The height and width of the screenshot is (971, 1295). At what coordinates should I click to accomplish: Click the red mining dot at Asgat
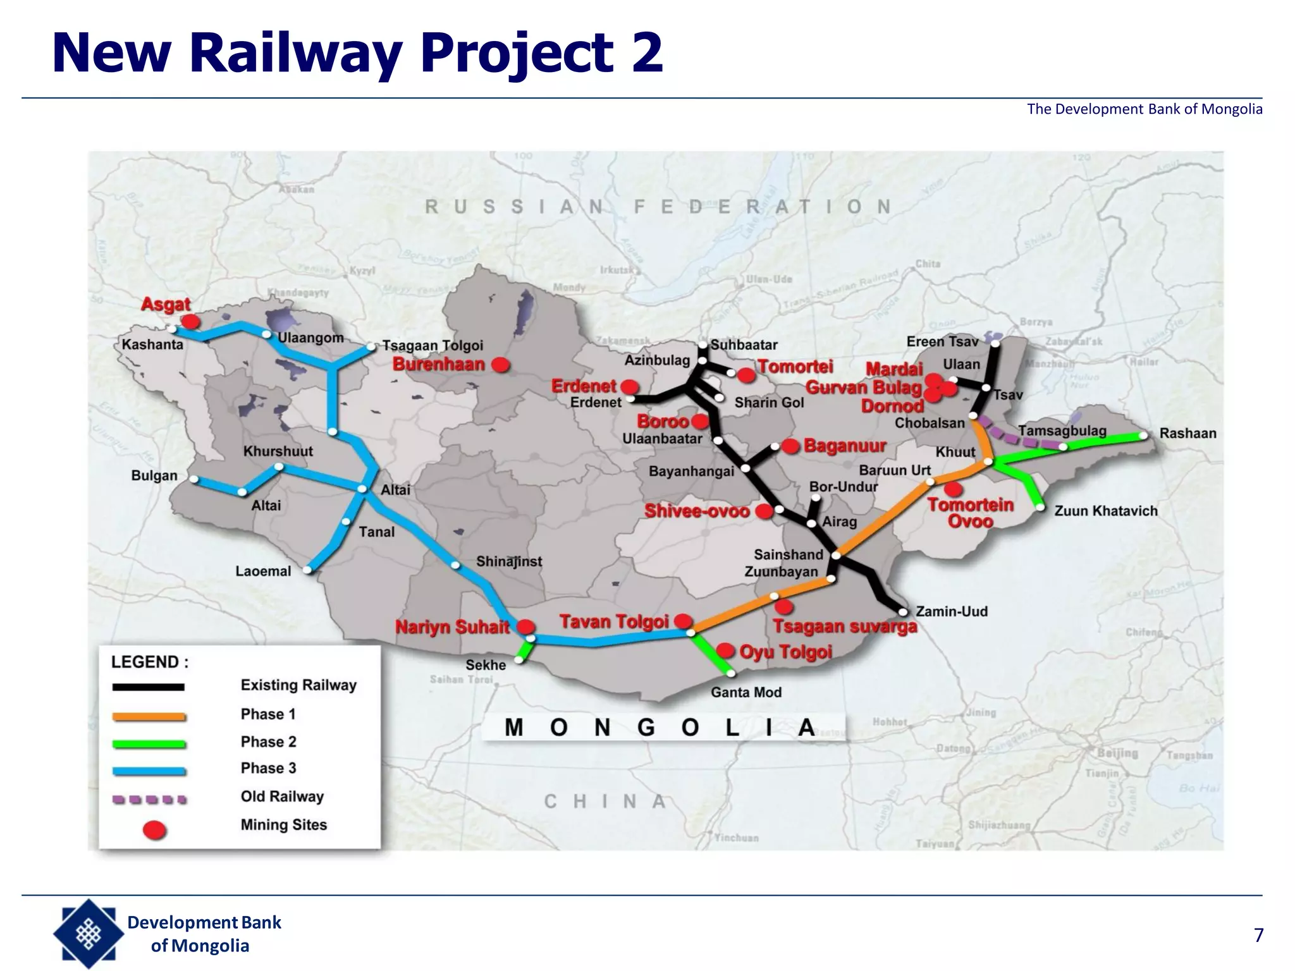point(190,322)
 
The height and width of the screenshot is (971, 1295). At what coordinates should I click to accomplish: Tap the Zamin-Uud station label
point(951,611)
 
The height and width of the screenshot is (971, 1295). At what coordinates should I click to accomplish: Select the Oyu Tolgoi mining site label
point(785,652)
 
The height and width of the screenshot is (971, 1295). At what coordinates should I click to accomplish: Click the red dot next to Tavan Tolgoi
point(683,621)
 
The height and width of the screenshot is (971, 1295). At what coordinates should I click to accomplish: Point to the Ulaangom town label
point(310,338)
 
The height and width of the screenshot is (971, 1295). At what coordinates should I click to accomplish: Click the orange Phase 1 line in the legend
point(149,716)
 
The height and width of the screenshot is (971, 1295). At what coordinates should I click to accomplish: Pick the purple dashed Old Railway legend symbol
point(149,799)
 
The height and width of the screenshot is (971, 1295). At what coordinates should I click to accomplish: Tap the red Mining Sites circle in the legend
point(154,829)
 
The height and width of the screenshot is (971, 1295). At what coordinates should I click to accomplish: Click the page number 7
point(1258,935)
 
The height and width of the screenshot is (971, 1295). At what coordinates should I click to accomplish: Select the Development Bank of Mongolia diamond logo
point(88,934)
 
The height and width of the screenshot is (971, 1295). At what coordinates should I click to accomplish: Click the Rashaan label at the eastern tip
point(1188,434)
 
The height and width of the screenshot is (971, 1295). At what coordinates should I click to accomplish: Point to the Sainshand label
point(788,554)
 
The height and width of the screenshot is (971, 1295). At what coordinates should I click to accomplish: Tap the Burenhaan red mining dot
point(501,365)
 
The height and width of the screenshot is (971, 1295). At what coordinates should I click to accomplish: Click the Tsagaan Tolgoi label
point(433,346)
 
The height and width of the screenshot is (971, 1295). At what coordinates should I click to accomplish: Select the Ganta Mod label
point(746,692)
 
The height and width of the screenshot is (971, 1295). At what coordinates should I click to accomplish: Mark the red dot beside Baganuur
point(790,446)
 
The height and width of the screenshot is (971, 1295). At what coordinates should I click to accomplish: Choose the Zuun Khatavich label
point(1105,511)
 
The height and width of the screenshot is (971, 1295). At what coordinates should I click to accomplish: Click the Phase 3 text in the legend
point(268,768)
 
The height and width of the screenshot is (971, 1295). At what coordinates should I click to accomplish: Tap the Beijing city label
point(1117,753)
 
